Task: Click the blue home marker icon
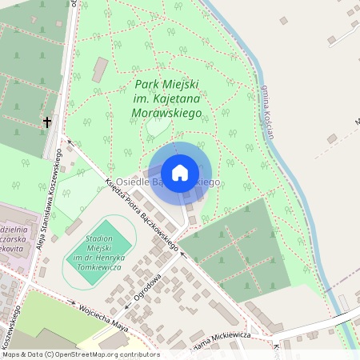(x=180, y=172)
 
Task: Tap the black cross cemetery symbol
(x=47, y=122)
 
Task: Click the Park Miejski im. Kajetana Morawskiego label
(x=166, y=98)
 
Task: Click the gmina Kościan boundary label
(x=267, y=111)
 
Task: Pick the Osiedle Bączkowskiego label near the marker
(x=167, y=183)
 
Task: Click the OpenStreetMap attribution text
(x=80, y=354)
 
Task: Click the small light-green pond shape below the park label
(x=158, y=126)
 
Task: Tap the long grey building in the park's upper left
(x=99, y=70)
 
